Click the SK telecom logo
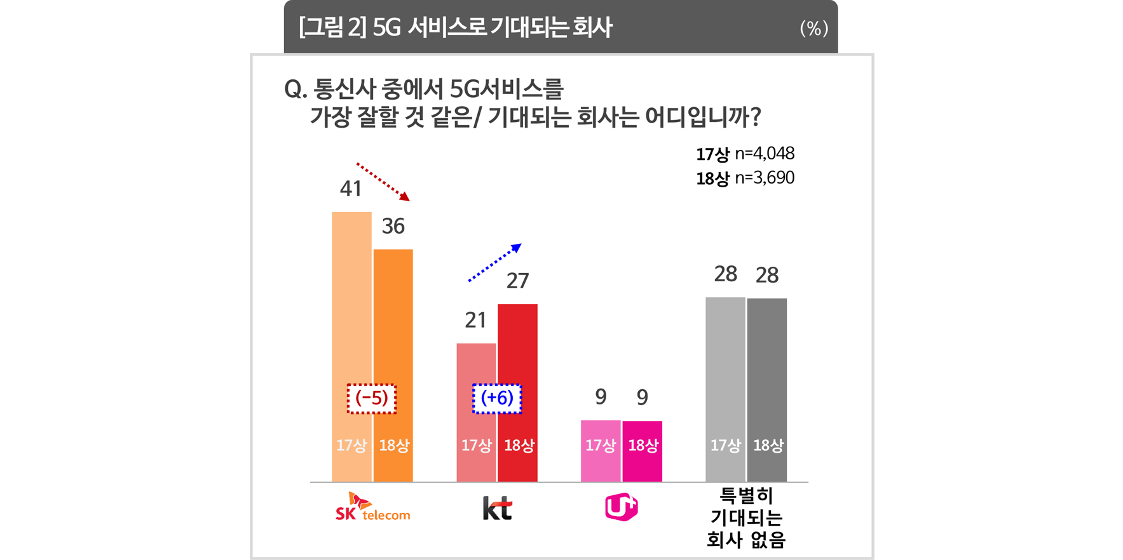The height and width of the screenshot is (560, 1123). pyautogui.click(x=372, y=507)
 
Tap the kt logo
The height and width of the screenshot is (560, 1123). pyautogui.click(x=497, y=508)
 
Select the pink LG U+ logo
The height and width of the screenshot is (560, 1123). pyautogui.click(x=621, y=507)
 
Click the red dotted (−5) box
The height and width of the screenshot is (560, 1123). pyautogui.click(x=372, y=399)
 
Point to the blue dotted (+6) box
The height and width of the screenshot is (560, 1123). pyautogui.click(x=497, y=399)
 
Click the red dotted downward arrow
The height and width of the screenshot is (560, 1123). pyautogui.click(x=383, y=182)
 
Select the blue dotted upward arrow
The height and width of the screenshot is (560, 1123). pyautogui.click(x=495, y=262)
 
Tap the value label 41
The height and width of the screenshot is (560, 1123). pyautogui.click(x=351, y=189)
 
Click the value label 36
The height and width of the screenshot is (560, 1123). pyautogui.click(x=393, y=226)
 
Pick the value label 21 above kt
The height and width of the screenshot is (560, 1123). pyautogui.click(x=475, y=320)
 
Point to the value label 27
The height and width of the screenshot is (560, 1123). pyautogui.click(x=517, y=281)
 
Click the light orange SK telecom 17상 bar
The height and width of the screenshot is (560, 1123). pyautogui.click(x=351, y=347)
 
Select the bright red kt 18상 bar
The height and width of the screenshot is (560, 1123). pyautogui.click(x=517, y=393)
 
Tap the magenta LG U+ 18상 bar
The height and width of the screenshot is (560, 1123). pyautogui.click(x=642, y=451)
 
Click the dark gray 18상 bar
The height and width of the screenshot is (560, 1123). pyautogui.click(x=767, y=390)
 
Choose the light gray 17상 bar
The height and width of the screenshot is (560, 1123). pyautogui.click(x=725, y=389)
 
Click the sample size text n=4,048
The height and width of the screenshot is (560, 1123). pyautogui.click(x=765, y=154)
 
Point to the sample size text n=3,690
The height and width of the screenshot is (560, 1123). pyautogui.click(x=765, y=178)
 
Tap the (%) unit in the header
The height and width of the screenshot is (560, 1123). pyautogui.click(x=813, y=28)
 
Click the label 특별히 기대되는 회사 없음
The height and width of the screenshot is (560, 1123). pyautogui.click(x=746, y=517)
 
